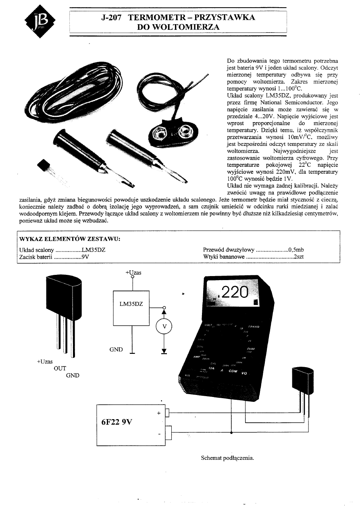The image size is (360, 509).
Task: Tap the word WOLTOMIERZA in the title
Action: pos(178,27)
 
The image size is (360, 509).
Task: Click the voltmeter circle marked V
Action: pos(164,326)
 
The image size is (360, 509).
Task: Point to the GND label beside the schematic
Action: pos(116,349)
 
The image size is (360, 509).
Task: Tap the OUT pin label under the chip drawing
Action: pos(60,368)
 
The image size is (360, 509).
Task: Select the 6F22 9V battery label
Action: pos(117,423)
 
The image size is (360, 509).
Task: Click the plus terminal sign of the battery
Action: pos(158,412)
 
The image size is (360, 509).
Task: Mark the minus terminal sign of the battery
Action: pos(159,434)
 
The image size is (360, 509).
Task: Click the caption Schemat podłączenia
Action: pos(227,458)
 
